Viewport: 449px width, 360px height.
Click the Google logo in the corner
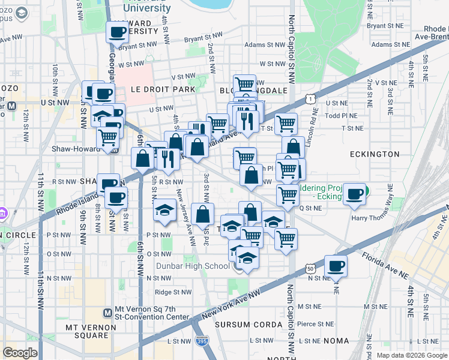[x=20, y=353]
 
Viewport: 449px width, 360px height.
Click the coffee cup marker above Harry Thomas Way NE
[x=356, y=193]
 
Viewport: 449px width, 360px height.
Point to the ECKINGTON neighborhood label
[x=375, y=154]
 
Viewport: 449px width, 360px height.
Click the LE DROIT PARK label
[x=163, y=89]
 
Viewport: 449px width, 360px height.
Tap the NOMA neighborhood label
[x=336, y=341]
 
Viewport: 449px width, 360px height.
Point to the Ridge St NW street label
[x=172, y=292]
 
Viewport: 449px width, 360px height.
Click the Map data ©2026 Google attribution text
[x=412, y=355]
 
